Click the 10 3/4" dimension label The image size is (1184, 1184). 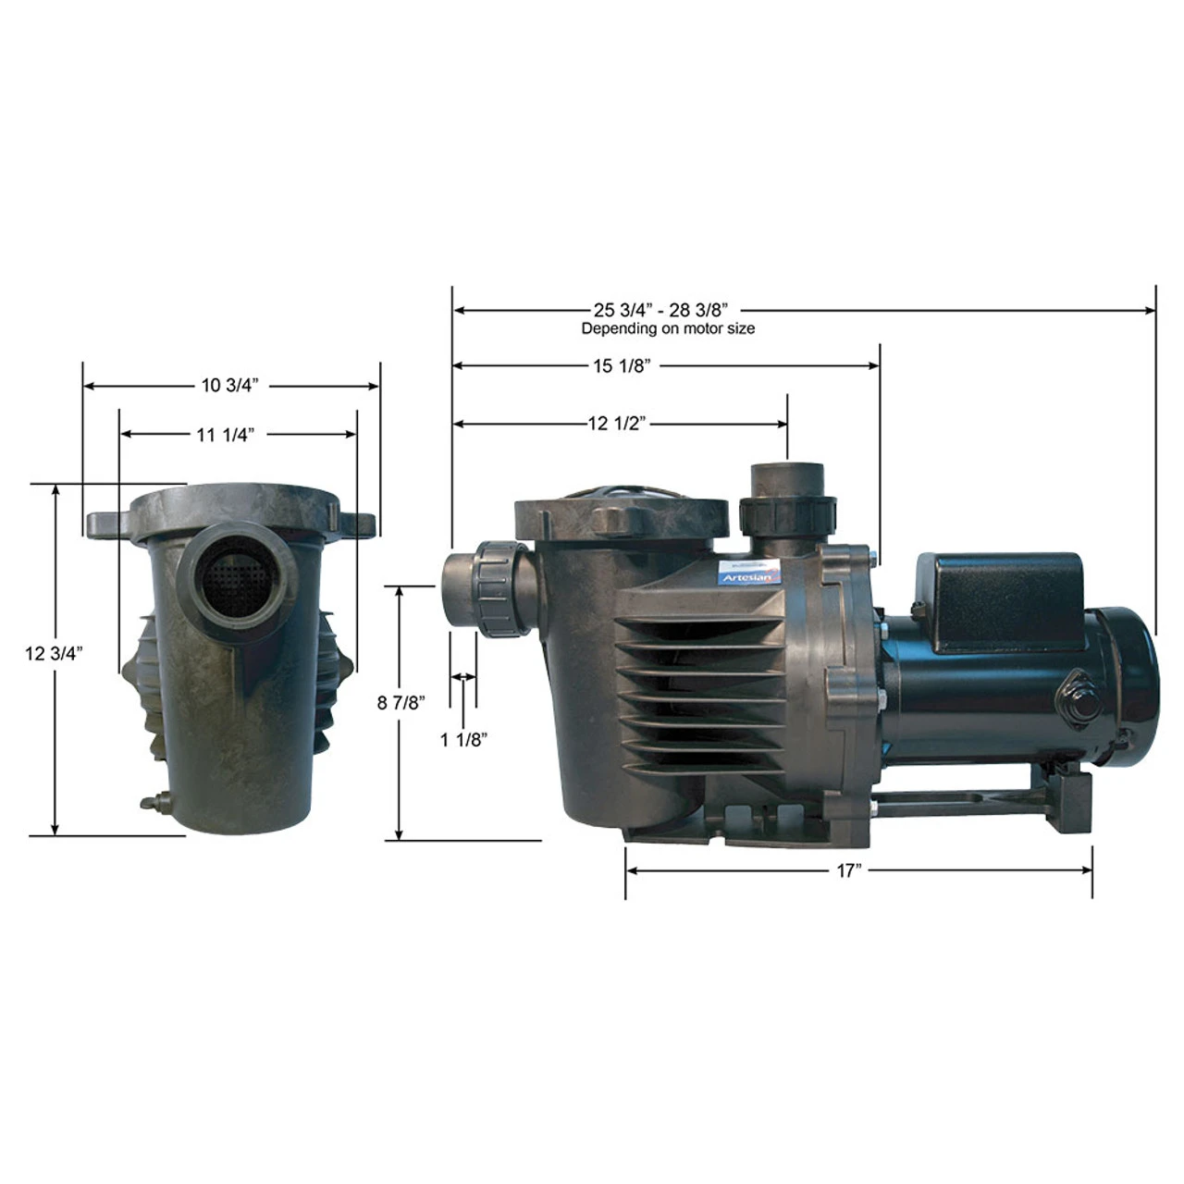click(x=230, y=386)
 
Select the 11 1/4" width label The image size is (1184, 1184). click(x=225, y=435)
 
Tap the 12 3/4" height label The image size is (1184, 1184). click(x=54, y=654)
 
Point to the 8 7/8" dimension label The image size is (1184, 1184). click(x=401, y=703)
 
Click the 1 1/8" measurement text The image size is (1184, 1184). click(x=463, y=739)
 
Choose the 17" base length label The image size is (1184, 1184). click(x=848, y=871)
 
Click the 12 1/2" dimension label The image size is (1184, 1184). click(x=616, y=424)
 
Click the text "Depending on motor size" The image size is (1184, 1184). click(x=667, y=328)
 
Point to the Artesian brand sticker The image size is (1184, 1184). click(x=748, y=574)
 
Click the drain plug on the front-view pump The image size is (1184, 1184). click(x=152, y=802)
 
